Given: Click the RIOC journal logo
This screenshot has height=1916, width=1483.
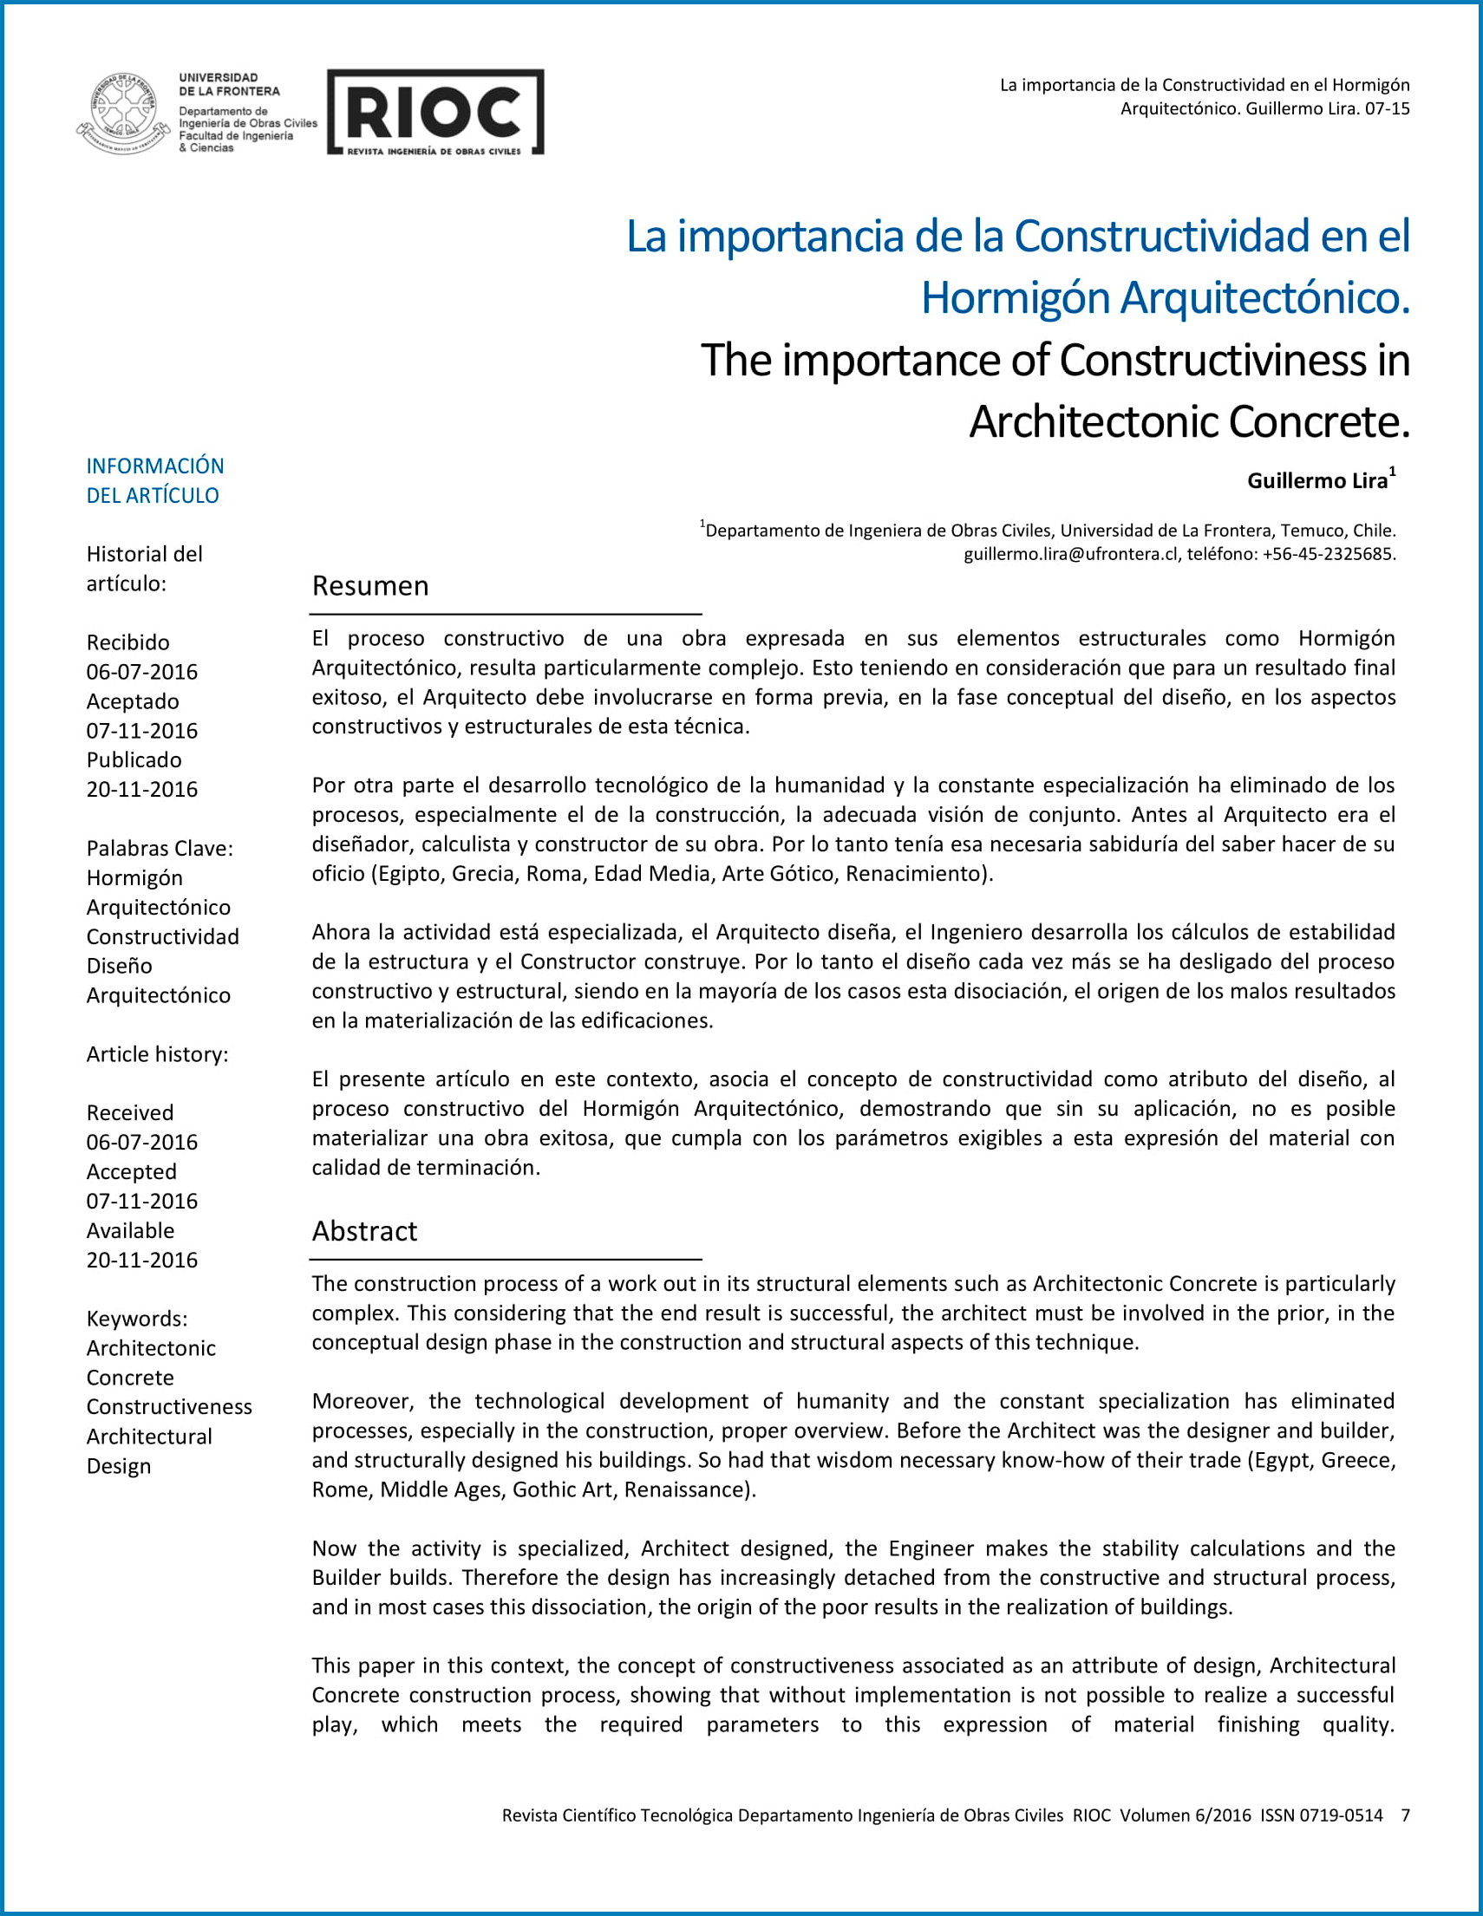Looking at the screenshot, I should [x=435, y=113].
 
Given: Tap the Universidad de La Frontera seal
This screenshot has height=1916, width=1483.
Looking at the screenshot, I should [x=125, y=114].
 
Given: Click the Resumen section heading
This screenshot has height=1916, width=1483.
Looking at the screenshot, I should [x=370, y=586].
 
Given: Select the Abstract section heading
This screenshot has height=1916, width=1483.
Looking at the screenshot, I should [x=364, y=1232].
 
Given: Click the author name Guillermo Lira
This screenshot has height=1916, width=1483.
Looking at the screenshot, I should [x=1317, y=481].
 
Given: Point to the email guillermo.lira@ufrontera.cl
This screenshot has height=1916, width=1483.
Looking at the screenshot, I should [x=1070, y=555].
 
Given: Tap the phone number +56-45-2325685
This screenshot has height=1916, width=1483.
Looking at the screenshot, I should [x=1328, y=555].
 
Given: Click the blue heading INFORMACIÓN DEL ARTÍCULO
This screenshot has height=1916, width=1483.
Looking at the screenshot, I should [x=154, y=481].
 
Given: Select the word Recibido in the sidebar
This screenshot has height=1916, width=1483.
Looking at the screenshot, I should [x=128, y=642].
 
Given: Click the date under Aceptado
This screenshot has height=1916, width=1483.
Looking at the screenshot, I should [x=142, y=731].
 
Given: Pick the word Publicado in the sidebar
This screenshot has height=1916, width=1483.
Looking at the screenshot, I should [x=134, y=759].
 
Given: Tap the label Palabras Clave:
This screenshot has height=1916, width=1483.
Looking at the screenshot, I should [x=160, y=849].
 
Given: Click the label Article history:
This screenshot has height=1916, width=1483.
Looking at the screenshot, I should [x=157, y=1054].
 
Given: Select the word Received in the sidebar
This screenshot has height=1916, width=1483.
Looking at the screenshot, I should [x=130, y=1113].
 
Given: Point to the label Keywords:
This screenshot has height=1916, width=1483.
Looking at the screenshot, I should [x=137, y=1319].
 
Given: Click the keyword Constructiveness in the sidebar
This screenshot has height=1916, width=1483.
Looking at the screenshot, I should [x=169, y=1407].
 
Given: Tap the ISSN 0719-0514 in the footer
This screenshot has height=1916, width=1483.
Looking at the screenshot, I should [x=1322, y=1815].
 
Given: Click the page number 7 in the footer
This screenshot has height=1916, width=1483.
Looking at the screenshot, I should [x=1405, y=1815].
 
